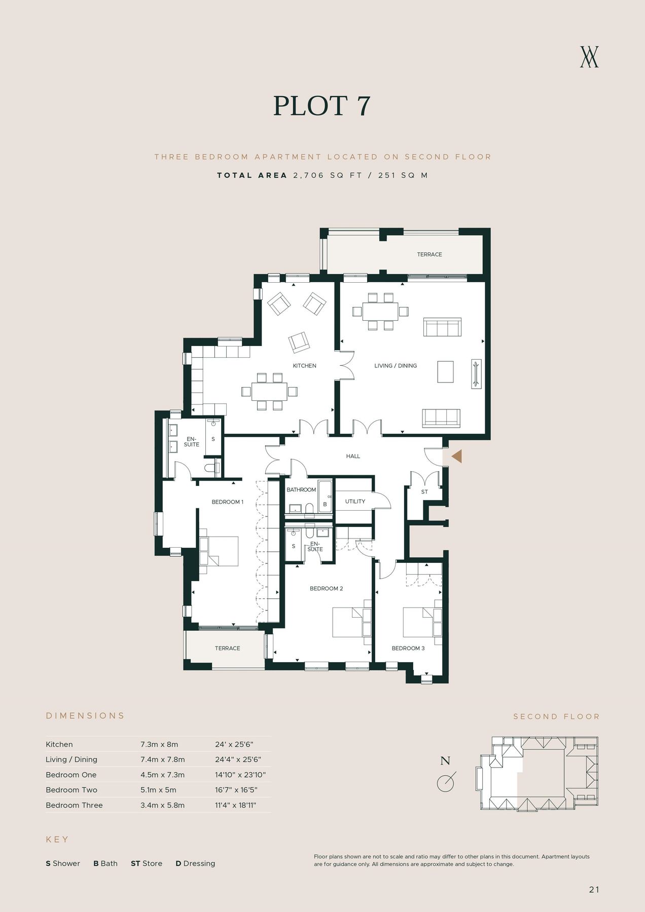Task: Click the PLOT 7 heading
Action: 322,106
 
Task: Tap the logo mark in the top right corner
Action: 589,57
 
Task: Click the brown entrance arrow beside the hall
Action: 456,456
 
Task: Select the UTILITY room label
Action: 355,502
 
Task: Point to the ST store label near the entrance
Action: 424,492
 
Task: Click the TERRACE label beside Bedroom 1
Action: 227,649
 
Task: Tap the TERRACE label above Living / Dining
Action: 429,254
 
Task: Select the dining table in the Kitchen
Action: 269,391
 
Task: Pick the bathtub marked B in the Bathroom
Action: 325,497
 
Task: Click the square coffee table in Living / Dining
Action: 445,371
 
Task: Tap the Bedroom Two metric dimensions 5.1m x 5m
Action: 158,790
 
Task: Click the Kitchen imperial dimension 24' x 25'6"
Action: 234,744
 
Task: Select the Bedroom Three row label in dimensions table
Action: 74,805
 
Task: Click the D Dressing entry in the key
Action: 195,863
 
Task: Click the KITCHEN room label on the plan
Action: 304,366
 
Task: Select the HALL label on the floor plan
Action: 353,457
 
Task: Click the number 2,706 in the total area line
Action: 308,175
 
